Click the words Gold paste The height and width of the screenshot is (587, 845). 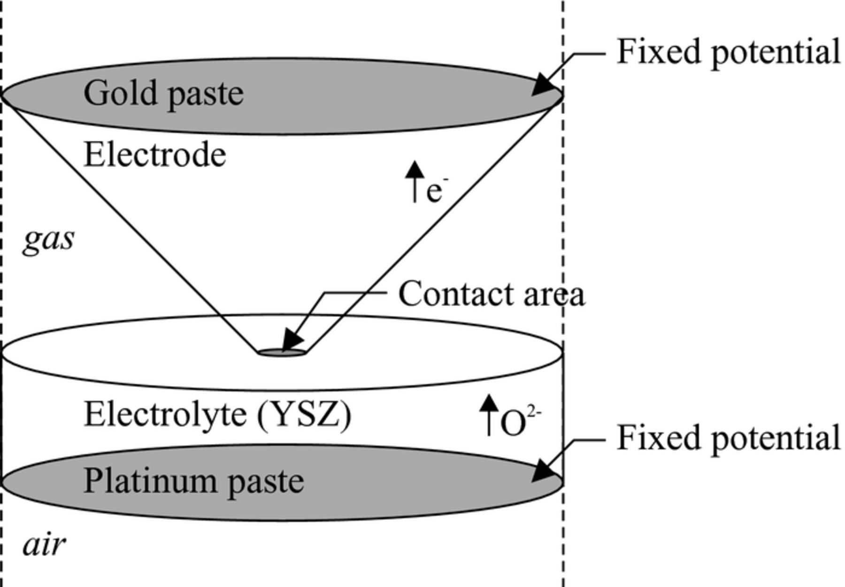[x=163, y=93]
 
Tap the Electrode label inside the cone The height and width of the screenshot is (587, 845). [x=154, y=155]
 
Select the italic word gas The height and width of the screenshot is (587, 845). [x=48, y=240]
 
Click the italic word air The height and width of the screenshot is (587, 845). [x=44, y=545]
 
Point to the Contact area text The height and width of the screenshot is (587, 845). [x=492, y=294]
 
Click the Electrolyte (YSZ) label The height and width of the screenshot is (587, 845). [x=217, y=414]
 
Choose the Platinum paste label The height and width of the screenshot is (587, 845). [x=193, y=481]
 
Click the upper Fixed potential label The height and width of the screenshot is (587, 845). [x=728, y=52]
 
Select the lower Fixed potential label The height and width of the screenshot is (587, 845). [x=728, y=438]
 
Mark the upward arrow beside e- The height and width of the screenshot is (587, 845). [x=414, y=181]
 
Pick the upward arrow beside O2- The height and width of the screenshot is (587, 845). [x=489, y=413]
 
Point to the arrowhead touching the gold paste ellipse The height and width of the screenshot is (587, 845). [x=545, y=86]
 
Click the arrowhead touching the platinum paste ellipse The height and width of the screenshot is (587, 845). [x=545, y=471]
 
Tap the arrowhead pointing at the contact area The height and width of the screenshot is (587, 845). [x=292, y=339]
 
